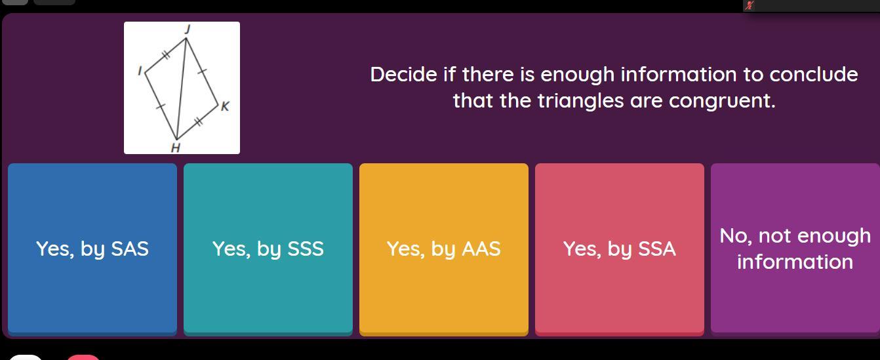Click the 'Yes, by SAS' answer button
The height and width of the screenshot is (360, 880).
[x=92, y=249]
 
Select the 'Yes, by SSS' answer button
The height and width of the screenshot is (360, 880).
[x=268, y=249]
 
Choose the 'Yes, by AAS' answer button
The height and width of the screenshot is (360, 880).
[x=443, y=249]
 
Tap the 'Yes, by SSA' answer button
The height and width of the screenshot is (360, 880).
[x=620, y=249]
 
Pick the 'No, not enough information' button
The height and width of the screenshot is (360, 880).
[x=795, y=249]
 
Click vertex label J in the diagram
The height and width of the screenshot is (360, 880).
[x=188, y=30]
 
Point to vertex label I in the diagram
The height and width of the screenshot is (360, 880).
[x=140, y=71]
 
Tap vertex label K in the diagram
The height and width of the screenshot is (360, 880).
[x=225, y=106]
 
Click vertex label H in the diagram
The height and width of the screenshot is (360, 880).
[x=176, y=148]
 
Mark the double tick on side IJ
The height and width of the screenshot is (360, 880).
[x=166, y=54]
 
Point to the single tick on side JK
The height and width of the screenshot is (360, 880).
[x=202, y=71]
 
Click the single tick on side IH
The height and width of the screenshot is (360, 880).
[x=161, y=106]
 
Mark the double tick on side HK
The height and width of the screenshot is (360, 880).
[x=199, y=122]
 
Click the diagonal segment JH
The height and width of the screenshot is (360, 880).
[x=182, y=89]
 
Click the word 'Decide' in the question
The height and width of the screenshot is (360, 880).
[x=403, y=74]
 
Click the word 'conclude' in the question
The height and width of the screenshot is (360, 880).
[x=814, y=74]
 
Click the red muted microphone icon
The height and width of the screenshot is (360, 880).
[x=750, y=5]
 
